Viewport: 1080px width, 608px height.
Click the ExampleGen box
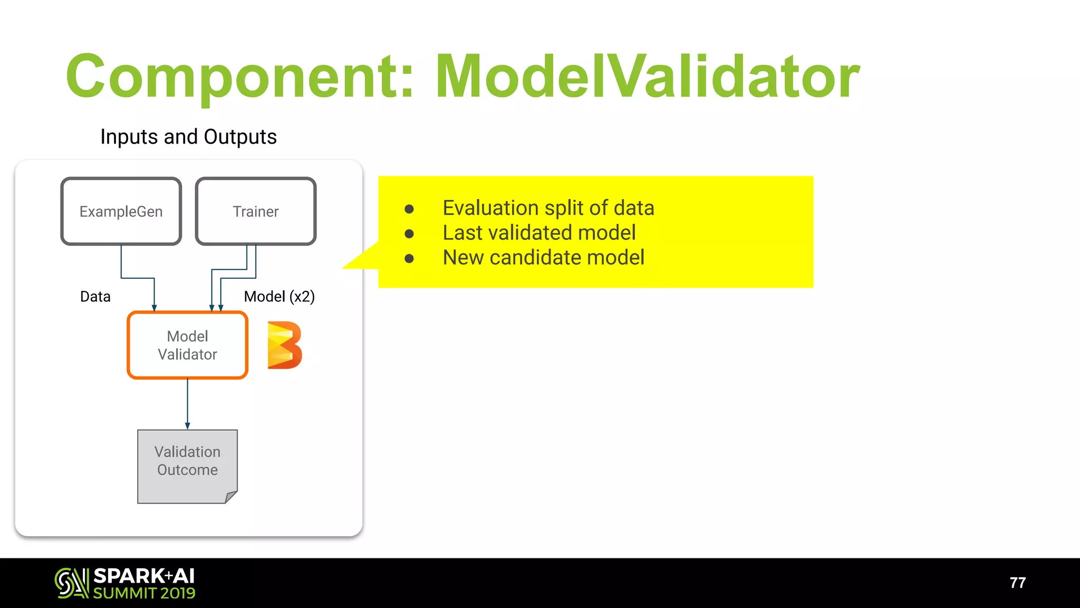121,211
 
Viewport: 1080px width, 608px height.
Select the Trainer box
256,211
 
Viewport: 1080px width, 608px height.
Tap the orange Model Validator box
187,345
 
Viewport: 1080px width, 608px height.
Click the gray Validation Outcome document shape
187,464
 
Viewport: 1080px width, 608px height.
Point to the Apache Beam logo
285,345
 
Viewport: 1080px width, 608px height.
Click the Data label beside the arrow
95,297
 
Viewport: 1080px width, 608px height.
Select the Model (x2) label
279,297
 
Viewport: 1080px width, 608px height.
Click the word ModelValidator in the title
647,77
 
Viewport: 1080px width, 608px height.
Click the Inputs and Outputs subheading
188,137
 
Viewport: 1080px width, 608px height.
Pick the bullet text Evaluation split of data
548,208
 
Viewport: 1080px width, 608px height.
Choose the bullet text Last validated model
539,233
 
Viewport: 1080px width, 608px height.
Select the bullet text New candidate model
543,258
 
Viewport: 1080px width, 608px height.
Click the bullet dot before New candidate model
409,258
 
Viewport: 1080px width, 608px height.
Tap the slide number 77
1017,583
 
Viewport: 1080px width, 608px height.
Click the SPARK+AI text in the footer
144,576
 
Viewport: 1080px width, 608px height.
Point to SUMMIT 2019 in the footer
144,593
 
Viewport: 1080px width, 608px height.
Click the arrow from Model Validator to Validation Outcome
187,404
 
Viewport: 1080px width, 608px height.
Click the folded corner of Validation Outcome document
231,497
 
